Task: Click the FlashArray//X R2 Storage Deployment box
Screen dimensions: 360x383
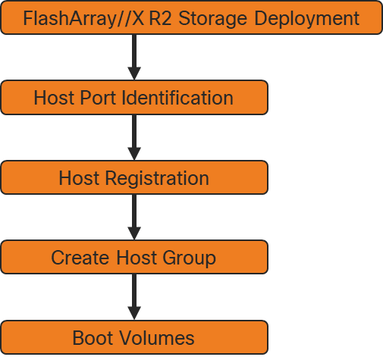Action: pyautogui.click(x=191, y=17)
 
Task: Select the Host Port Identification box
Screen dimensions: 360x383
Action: pyautogui.click(x=134, y=98)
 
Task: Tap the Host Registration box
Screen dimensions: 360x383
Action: pyautogui.click(x=134, y=178)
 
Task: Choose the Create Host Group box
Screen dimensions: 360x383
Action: pyautogui.click(x=134, y=258)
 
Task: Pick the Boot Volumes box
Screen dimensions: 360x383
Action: pyautogui.click(x=134, y=337)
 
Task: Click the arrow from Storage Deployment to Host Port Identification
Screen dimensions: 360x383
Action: pyautogui.click(x=134, y=58)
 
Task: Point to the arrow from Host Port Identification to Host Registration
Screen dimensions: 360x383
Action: pyautogui.click(x=134, y=138)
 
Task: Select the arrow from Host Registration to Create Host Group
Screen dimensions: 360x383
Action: pyautogui.click(x=134, y=218)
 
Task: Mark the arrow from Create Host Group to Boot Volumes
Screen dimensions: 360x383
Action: pyautogui.click(x=134, y=298)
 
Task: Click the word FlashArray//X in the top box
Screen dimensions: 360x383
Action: pyautogui.click(x=78, y=17)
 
